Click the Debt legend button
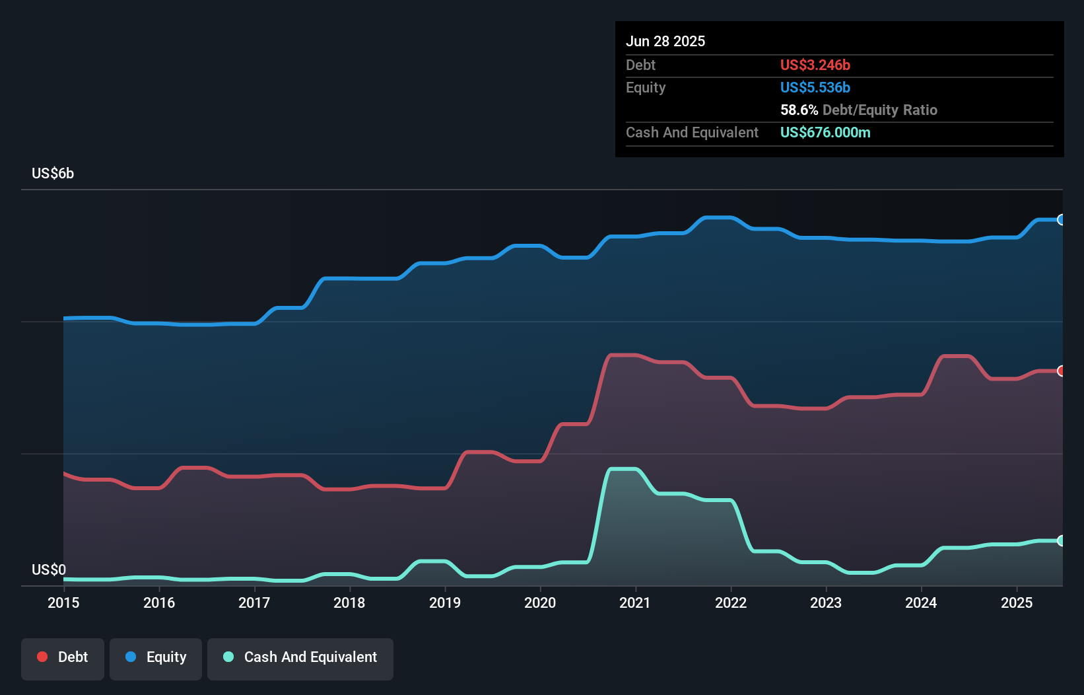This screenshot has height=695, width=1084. [63, 657]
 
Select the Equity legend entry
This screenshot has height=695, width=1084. [156, 657]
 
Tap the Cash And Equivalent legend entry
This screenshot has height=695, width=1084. [300, 657]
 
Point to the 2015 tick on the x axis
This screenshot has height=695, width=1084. [63, 603]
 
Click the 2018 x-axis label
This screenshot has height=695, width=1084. [349, 603]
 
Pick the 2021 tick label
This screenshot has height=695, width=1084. [635, 603]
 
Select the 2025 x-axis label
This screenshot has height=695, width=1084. [1017, 603]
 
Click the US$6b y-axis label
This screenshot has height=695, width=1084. [53, 174]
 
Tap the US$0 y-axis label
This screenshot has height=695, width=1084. [49, 569]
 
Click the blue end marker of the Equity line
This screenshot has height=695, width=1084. [1061, 220]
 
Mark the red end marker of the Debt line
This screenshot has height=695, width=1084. [1061, 371]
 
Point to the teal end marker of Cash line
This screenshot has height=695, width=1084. [1061, 540]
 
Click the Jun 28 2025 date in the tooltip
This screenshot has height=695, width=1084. [665, 41]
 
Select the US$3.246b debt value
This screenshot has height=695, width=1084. [815, 65]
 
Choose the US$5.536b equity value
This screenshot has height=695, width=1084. [815, 87]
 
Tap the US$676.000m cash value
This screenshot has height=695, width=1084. [825, 132]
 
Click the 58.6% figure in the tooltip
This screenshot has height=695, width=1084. [799, 110]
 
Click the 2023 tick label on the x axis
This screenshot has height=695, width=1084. [826, 603]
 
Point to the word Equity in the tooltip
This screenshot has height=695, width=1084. [646, 87]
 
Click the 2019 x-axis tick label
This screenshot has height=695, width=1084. [445, 603]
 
